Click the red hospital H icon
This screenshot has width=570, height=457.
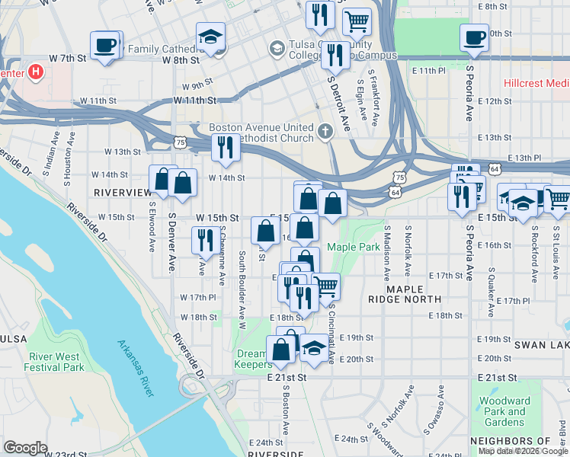(x=35, y=74)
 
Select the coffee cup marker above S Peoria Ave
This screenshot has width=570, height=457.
(x=476, y=37)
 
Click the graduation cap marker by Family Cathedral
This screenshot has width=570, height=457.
(x=210, y=36)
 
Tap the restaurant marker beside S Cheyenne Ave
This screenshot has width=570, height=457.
(x=204, y=240)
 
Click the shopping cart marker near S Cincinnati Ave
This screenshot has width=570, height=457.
(x=325, y=286)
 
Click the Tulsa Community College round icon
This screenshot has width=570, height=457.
(x=276, y=50)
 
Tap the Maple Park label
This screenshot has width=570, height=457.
(x=354, y=247)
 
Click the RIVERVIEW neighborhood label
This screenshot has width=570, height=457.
(x=123, y=193)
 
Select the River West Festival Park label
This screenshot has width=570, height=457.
(x=56, y=362)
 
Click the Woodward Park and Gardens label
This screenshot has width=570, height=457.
(x=504, y=411)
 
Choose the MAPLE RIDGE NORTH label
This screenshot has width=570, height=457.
(x=415, y=295)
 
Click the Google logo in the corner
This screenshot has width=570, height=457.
(x=26, y=448)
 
